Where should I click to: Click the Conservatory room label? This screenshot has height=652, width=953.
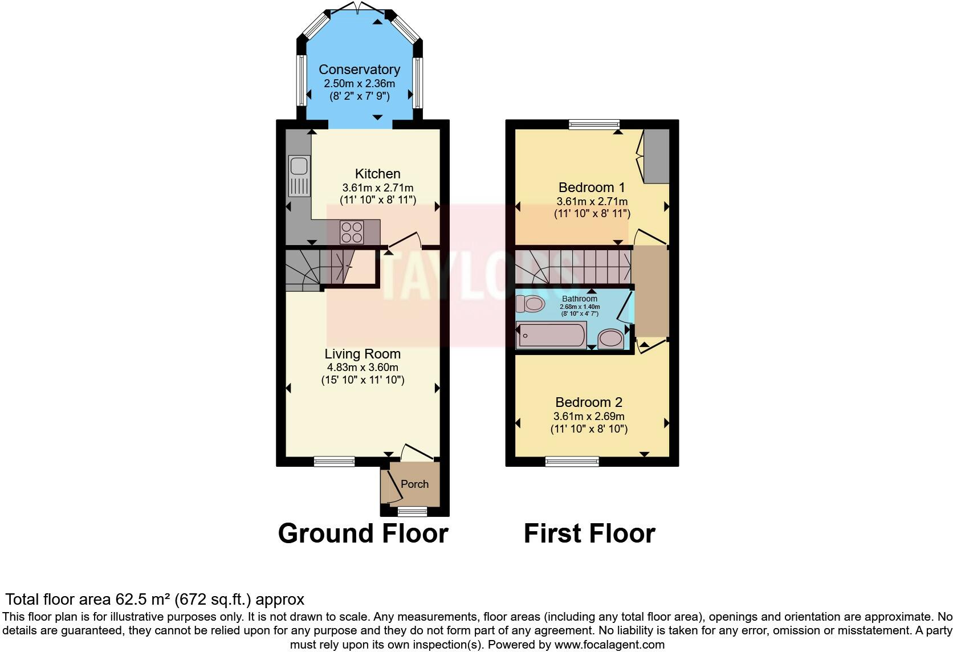coord(359,70)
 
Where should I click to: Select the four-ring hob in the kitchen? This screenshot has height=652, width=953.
coord(352,232)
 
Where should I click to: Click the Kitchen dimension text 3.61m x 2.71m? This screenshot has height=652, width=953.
coord(377,188)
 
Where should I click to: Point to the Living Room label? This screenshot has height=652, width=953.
coord(363,354)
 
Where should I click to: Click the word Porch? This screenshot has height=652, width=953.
coord(414,484)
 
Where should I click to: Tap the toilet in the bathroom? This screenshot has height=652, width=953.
coord(531,303)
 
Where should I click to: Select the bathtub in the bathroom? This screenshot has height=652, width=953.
coord(551,335)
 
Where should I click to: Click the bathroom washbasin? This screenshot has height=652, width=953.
coord(611,339)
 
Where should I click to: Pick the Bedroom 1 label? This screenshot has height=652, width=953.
coord(592,188)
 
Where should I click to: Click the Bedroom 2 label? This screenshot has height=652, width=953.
coord(589,402)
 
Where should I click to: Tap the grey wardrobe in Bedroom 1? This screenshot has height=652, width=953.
coord(656,156)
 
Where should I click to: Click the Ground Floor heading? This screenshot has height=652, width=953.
coord(363,533)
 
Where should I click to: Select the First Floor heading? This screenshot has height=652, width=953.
coord(589,533)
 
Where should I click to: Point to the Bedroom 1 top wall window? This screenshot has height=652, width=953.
coord(594,124)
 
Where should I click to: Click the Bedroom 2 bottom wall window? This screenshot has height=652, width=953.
coord(572,461)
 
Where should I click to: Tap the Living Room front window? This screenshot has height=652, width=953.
coord(334,461)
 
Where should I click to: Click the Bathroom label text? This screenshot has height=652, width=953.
coord(580,299)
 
